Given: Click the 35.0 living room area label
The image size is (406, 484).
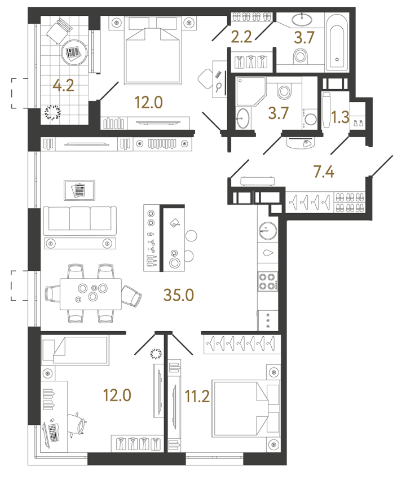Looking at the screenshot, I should click(x=178, y=294).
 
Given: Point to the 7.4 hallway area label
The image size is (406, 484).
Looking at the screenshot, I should click(x=323, y=171).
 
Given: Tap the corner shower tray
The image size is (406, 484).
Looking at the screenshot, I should click(x=247, y=90).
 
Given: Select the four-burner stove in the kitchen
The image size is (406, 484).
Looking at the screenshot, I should click(x=267, y=281).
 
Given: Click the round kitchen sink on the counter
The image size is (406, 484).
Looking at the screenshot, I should click(x=267, y=231).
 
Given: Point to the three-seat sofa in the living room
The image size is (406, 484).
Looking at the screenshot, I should click(x=80, y=220).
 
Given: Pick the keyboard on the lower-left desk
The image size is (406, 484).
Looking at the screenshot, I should click(x=52, y=433).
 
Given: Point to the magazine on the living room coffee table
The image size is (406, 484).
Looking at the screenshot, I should click(x=80, y=190).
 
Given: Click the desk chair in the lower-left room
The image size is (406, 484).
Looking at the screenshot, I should click(x=76, y=424).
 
